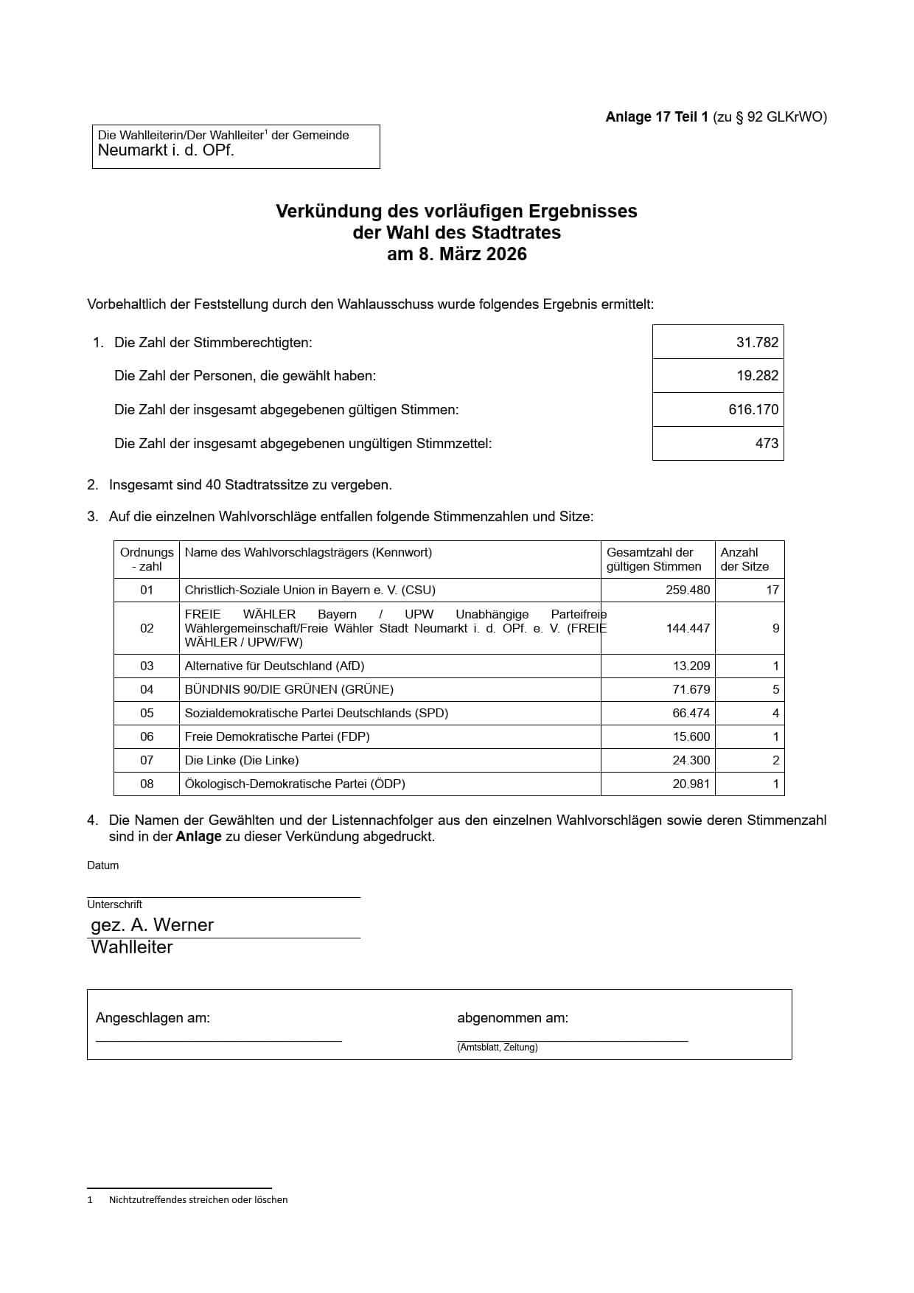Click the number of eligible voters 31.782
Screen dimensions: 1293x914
pos(757,342)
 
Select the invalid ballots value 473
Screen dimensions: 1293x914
pos(767,443)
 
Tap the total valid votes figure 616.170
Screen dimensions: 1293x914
pos(753,409)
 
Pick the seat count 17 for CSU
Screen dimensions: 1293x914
pos(772,590)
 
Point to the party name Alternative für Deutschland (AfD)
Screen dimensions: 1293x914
pos(274,666)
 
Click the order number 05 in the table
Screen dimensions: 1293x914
pos(147,713)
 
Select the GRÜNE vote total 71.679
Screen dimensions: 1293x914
pos(691,689)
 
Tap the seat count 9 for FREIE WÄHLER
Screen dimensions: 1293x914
pos(775,628)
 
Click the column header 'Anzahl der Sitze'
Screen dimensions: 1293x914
pos(744,560)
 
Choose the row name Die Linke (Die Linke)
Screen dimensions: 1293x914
pos(242,760)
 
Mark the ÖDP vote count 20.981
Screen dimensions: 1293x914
pos(691,784)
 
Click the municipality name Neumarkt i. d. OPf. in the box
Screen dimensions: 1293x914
pos(166,150)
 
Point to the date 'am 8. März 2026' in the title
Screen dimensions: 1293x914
pos(457,254)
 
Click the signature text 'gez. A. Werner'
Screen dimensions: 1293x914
pos(152,925)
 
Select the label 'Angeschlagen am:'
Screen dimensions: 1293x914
pos(153,1018)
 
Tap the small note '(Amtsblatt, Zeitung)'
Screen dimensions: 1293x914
pos(497,1048)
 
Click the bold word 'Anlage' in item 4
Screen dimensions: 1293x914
pos(198,837)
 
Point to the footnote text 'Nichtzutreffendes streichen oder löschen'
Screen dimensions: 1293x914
pos(198,1199)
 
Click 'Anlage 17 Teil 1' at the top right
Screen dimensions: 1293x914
pos(657,117)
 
